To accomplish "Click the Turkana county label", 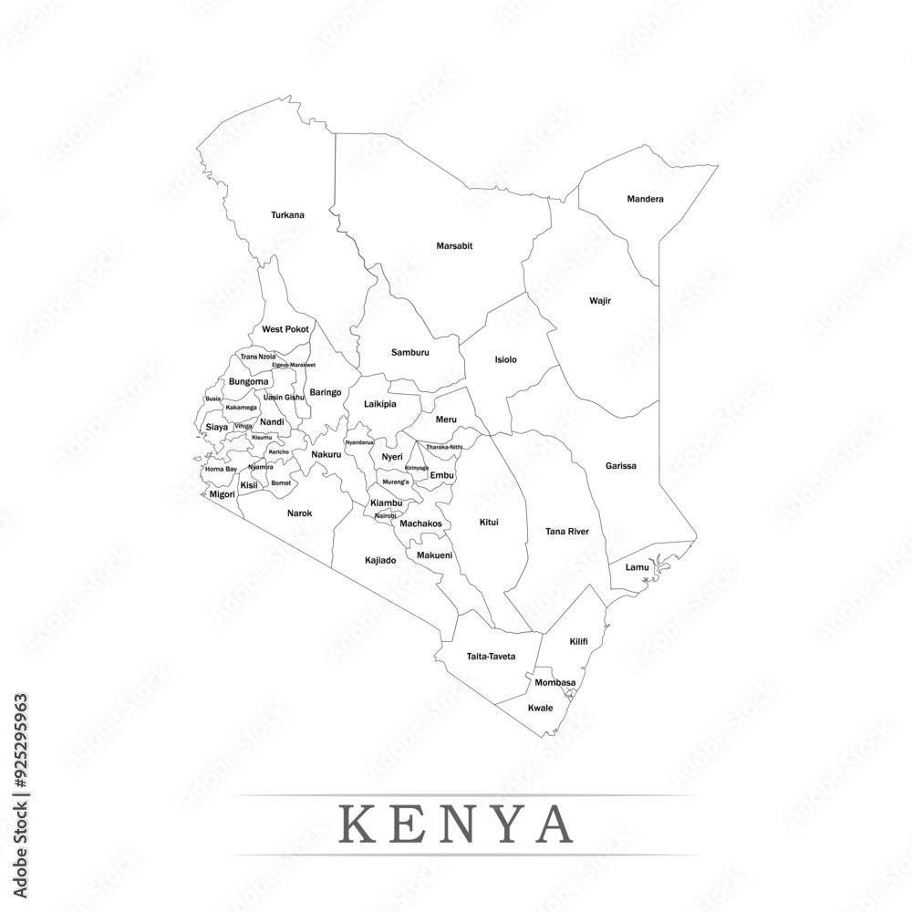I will click(x=287, y=215).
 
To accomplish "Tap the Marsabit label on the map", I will click(x=454, y=246).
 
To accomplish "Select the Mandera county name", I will click(x=645, y=199).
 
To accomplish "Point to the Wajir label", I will click(x=599, y=299).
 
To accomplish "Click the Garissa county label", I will click(x=620, y=466).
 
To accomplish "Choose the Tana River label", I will click(x=566, y=531).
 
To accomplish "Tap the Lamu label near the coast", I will click(x=637, y=567).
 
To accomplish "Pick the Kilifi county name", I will click(x=578, y=641).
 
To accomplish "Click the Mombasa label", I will click(x=554, y=682).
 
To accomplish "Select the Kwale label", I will click(x=541, y=707).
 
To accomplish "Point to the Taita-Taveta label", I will click(x=491, y=657).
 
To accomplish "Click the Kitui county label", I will click(x=489, y=523).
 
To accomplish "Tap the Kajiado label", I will click(x=380, y=560).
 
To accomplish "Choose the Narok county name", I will click(x=299, y=513).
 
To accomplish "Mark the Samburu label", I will click(x=409, y=352).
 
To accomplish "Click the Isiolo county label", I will click(x=505, y=359).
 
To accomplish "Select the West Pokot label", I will click(x=285, y=329).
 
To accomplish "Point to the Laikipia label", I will click(x=379, y=403).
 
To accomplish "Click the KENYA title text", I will click(x=455, y=824).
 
